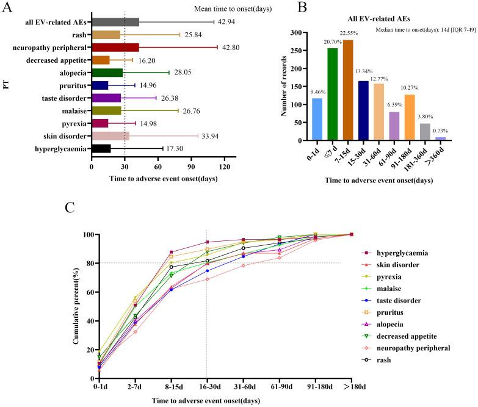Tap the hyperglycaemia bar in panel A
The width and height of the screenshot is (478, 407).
pyautogui.click(x=101, y=148)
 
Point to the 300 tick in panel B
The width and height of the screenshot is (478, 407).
pyautogui.click(x=295, y=32)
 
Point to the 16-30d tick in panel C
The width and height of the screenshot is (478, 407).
pyautogui.click(x=207, y=388)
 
